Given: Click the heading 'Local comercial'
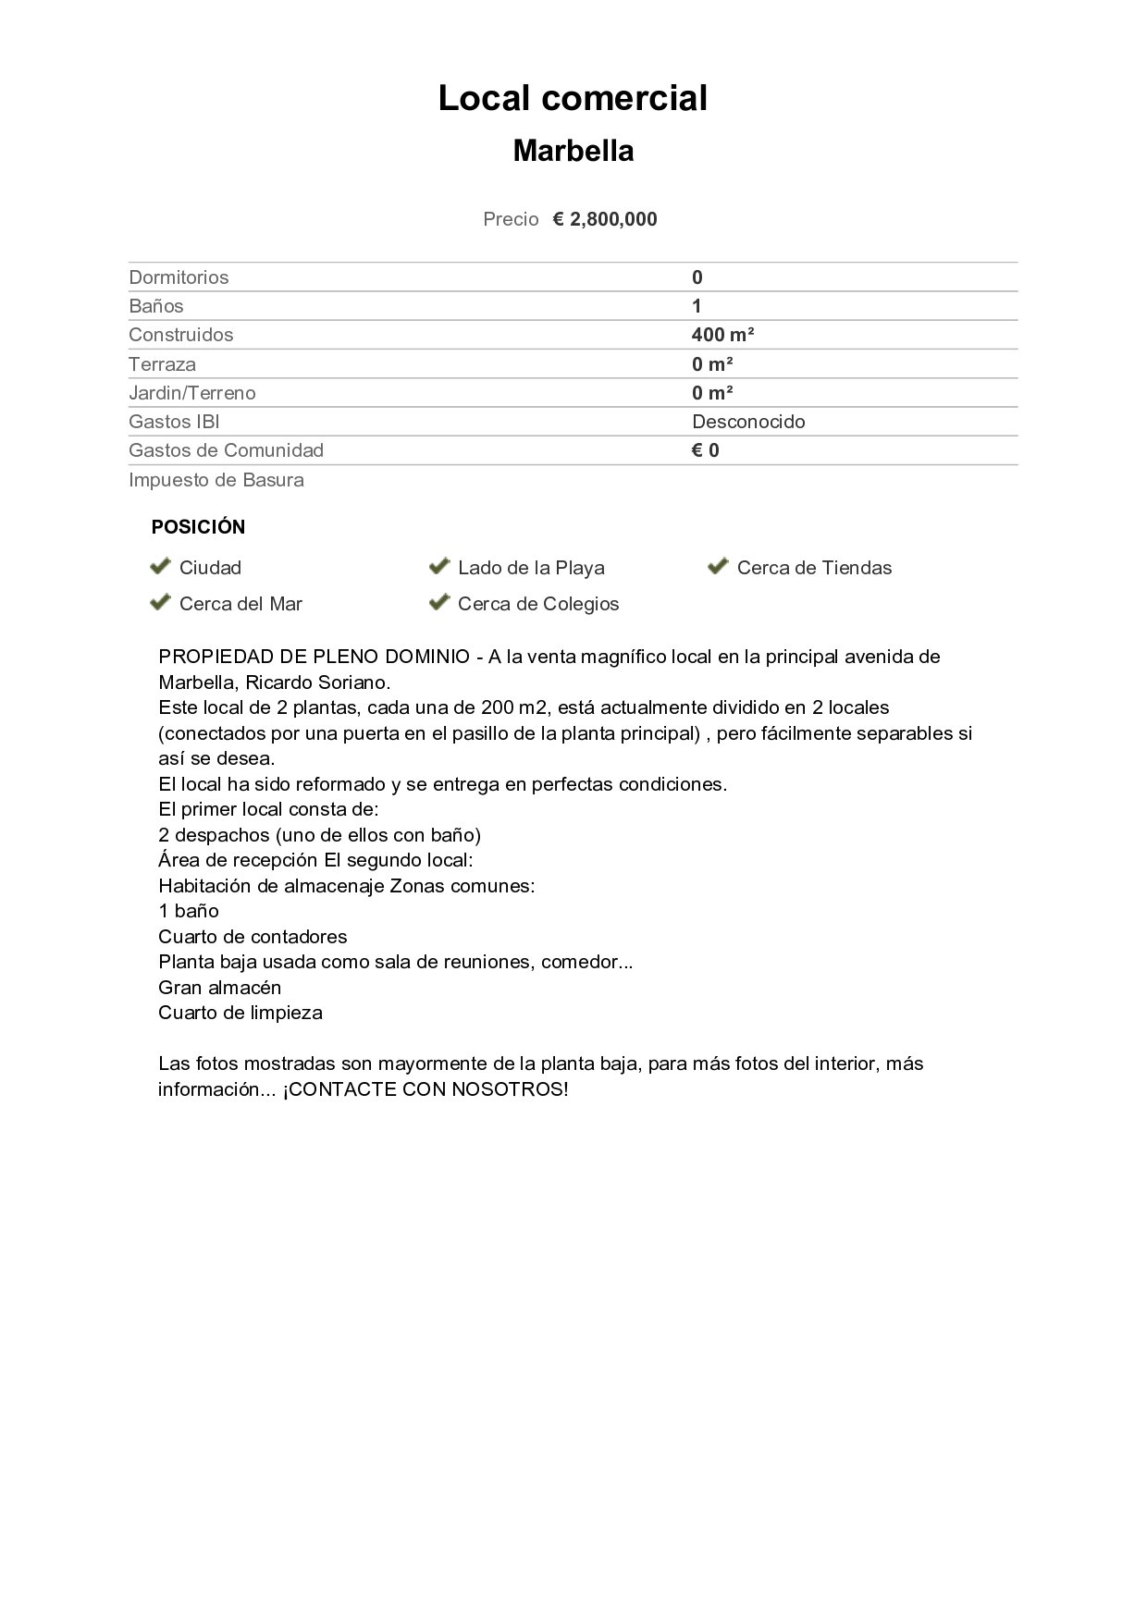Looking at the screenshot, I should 573,98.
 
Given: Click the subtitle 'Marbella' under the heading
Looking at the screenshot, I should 573,151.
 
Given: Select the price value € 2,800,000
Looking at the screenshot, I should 605,219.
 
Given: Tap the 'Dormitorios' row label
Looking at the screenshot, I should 179,277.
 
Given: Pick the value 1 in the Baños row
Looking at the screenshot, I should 697,306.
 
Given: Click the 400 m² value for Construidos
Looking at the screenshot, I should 722,335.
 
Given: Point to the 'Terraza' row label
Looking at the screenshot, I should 162,364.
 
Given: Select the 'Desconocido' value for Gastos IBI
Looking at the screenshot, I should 748,422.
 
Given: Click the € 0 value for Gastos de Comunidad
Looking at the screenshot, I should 705,450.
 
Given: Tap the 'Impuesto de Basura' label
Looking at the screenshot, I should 216,480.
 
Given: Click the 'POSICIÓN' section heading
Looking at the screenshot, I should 198,527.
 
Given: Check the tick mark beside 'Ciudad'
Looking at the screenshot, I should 160,566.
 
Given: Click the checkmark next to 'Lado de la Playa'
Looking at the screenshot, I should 438,566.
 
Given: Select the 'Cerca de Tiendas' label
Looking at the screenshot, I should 814,568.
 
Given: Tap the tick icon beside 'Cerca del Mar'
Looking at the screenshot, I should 160,602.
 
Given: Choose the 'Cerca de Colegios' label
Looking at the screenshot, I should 538,604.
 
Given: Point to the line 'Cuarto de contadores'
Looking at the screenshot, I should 253,937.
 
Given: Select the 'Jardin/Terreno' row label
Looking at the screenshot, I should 192,393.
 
